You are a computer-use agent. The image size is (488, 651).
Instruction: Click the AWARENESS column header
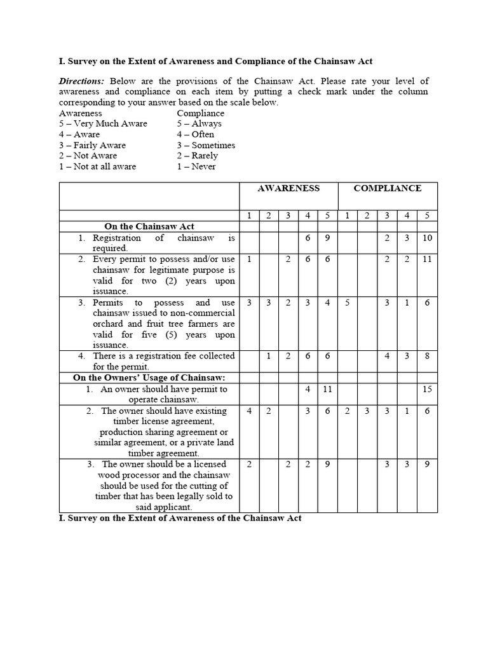click(x=288, y=188)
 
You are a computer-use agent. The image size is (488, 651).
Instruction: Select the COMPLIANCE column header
click(x=387, y=188)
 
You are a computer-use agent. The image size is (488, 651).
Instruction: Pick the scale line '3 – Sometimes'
click(x=206, y=145)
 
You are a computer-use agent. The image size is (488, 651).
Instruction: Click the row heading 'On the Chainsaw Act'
click(x=149, y=226)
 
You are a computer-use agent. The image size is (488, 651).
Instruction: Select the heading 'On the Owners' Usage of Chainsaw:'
click(x=149, y=378)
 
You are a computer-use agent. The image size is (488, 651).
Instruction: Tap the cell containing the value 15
click(x=427, y=388)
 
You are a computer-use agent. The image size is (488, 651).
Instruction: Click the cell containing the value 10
click(x=427, y=238)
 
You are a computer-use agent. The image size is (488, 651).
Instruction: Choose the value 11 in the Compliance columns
click(x=427, y=259)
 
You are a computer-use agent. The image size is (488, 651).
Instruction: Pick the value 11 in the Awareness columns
click(x=327, y=388)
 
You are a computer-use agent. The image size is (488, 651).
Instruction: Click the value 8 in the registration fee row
click(x=427, y=356)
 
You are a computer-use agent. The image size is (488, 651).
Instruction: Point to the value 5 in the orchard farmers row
click(x=347, y=303)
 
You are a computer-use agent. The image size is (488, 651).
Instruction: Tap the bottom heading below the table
click(x=180, y=518)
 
